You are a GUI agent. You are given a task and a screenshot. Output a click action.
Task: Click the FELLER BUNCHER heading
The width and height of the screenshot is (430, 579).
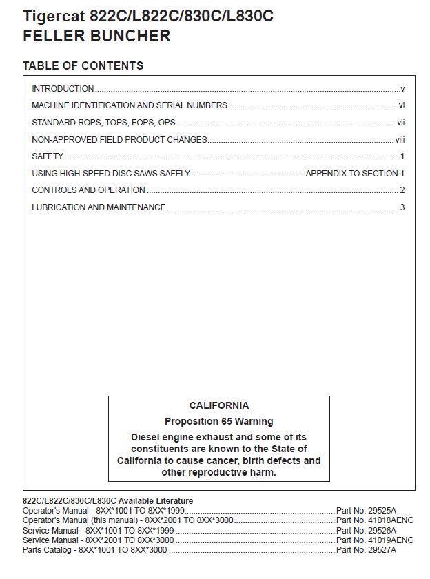(x=96, y=37)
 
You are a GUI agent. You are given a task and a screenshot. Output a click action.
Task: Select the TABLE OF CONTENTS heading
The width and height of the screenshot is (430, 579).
(x=83, y=66)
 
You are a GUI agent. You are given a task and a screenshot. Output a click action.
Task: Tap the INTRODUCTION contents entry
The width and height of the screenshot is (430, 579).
(x=63, y=89)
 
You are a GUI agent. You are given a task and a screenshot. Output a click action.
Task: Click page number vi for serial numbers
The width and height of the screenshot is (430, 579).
(x=401, y=105)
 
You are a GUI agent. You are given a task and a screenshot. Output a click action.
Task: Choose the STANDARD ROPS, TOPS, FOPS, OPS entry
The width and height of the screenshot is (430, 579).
(x=103, y=123)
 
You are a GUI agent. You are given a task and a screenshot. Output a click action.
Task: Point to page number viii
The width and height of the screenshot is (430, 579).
(x=400, y=139)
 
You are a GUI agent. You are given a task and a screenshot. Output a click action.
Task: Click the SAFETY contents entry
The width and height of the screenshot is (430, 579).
(x=48, y=156)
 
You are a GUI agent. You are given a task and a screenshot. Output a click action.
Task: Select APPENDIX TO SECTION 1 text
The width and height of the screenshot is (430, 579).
(x=355, y=174)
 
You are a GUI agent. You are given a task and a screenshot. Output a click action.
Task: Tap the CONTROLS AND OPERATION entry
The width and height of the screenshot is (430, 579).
(x=88, y=190)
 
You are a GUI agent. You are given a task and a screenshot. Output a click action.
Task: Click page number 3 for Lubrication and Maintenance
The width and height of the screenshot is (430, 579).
(x=402, y=207)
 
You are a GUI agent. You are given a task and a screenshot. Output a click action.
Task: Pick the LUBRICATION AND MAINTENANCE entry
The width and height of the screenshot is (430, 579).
(x=99, y=207)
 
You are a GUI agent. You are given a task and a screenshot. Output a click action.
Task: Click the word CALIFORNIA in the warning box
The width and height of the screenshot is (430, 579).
(x=219, y=406)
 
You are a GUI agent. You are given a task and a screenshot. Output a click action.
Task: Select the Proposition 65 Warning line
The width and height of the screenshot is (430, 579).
(x=219, y=421)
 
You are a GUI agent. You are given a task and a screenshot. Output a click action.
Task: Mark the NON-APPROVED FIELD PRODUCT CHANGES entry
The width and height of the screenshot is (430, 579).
(x=119, y=140)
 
